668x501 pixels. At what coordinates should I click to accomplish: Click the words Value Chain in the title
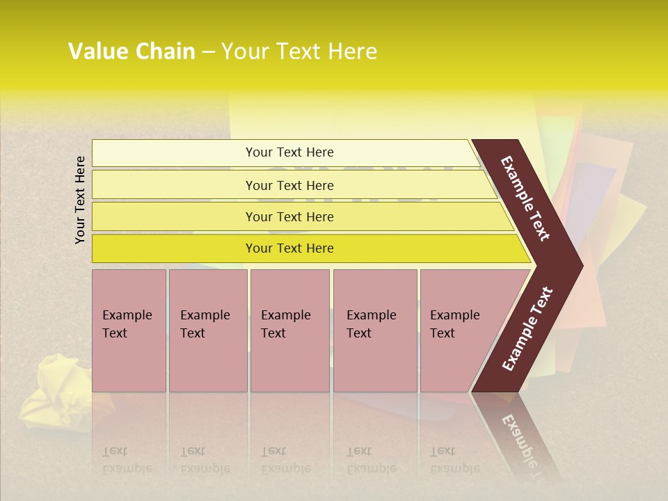point(132,51)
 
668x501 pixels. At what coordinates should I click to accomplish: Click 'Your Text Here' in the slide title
point(299,51)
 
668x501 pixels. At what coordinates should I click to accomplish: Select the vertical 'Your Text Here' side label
point(81,200)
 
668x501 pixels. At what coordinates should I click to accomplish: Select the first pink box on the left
point(129,331)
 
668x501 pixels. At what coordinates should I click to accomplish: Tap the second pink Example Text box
point(207,331)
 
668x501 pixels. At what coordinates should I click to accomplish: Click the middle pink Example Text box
point(289,331)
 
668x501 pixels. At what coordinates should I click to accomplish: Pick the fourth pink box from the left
point(374,331)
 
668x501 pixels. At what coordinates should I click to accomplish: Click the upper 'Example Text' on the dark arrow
point(525,198)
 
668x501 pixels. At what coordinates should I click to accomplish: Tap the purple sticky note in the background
point(591,191)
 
